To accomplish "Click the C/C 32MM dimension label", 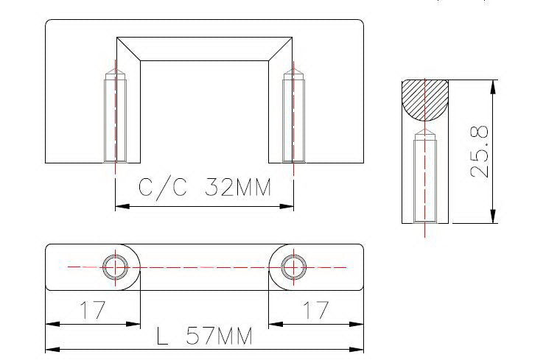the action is pos(205,187).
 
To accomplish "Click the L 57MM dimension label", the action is pos(205,336).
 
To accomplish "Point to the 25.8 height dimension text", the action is pos(479,152).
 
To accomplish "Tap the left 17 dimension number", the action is pos(93,310).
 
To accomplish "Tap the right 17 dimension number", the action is pos(315,310).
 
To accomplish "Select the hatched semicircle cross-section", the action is pos(425,101).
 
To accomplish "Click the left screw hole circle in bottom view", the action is pos(116,267).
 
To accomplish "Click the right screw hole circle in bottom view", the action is pos(293,267).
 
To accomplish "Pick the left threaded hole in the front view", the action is pos(116,118).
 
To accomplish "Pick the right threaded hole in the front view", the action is pos(293,118).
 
